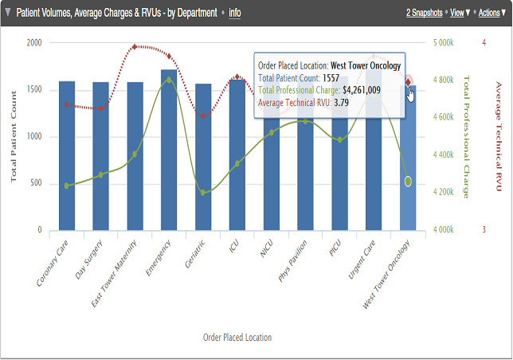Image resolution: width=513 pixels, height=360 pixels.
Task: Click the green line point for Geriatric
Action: [203, 192]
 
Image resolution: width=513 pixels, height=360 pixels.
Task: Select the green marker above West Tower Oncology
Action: [408, 182]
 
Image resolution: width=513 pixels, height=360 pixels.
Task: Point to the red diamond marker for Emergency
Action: [169, 57]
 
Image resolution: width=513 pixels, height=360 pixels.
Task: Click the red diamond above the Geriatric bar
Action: [203, 116]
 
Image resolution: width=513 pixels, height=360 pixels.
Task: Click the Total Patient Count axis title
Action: [13, 138]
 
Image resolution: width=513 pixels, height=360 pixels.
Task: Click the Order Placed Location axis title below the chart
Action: [237, 338]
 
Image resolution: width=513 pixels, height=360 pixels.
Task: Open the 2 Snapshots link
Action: [424, 13]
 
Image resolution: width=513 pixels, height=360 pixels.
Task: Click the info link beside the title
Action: [234, 13]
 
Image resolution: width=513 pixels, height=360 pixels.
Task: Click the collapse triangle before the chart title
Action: [8, 13]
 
